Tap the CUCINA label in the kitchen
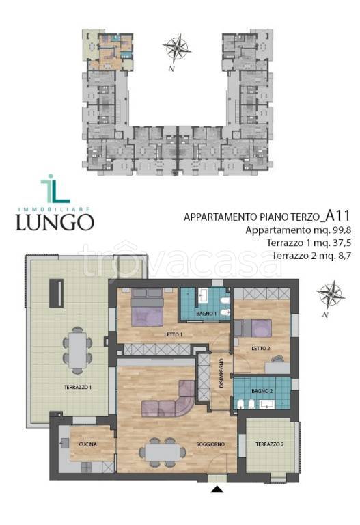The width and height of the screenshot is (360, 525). (x=87, y=444)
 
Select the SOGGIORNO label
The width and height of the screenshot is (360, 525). (x=212, y=445)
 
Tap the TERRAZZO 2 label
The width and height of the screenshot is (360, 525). (x=271, y=445)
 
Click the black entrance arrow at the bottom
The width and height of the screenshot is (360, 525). (x=217, y=489)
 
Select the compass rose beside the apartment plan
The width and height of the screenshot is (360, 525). (x=330, y=294)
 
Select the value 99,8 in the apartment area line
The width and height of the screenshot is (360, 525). (x=339, y=230)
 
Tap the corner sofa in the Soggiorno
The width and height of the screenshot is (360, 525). (x=171, y=402)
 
